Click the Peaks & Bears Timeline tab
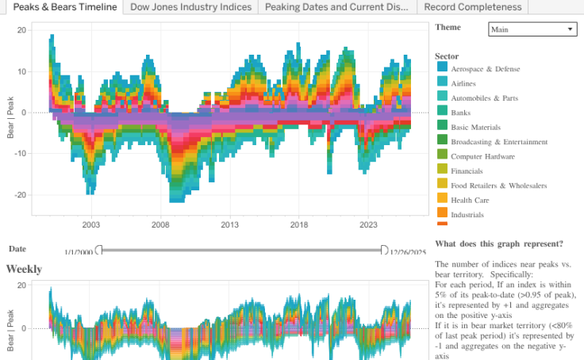coord(65,7)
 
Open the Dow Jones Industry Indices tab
coord(190,7)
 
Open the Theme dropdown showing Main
coord(532,29)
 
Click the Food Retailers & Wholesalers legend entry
coord(498,186)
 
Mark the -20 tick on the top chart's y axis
coord(22,194)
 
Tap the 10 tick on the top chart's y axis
coord(23,71)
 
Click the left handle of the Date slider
coord(99,251)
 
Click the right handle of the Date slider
coord(384,251)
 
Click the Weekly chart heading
coord(24,270)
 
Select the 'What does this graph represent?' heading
coord(499,243)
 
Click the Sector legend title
coord(447,56)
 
